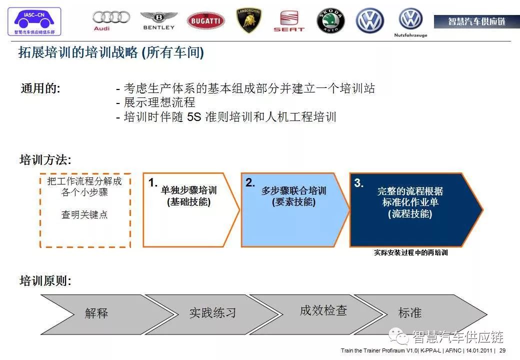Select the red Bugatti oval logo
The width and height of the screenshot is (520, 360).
pos(205,21)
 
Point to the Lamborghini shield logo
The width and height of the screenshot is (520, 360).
pos(248,20)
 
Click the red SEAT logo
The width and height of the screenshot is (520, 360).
pos(289,21)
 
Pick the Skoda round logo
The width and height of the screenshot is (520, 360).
pos(330,21)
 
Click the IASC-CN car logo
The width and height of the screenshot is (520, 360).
pos(34,21)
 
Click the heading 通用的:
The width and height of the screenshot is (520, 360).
pos(40,88)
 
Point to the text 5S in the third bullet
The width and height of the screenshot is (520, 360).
pos(194,117)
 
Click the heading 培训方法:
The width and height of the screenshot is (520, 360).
pos(45,160)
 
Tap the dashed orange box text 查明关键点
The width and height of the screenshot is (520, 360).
pos(84,214)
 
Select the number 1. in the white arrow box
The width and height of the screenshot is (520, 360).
pos(153,182)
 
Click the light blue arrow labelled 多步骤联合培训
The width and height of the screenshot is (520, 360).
pos(295,210)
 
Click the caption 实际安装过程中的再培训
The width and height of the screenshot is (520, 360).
pos(411,252)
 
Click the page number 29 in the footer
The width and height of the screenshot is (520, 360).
pos(502,350)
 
